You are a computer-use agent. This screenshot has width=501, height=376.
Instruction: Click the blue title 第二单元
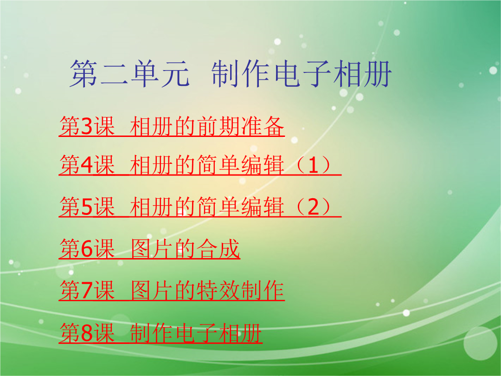click(130, 74)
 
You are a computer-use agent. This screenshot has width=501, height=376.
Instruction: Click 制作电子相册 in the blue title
click(302, 74)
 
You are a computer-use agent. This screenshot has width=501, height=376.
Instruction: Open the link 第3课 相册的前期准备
click(172, 127)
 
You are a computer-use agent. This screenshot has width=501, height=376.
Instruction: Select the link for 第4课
click(200, 165)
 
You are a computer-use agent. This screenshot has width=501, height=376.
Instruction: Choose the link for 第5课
click(200, 207)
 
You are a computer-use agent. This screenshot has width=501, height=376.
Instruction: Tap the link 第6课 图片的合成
click(149, 249)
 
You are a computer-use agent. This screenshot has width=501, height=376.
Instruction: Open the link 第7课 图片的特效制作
click(172, 291)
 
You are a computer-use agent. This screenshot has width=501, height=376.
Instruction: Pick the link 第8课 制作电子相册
click(161, 333)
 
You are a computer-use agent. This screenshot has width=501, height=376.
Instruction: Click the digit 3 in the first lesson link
click(87, 127)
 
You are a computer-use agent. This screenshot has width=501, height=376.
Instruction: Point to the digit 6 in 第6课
click(87, 249)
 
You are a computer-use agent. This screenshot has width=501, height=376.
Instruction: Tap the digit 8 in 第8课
click(87, 333)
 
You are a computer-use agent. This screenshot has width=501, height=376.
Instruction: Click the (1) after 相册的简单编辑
click(313, 165)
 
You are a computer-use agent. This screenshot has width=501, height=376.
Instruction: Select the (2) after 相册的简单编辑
click(313, 207)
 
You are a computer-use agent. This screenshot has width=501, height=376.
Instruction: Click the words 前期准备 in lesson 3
click(240, 127)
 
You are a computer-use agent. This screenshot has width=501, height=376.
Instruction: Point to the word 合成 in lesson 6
click(218, 249)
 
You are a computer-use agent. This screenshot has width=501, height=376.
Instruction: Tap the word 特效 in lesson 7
click(218, 291)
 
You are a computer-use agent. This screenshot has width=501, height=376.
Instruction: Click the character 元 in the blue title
click(175, 74)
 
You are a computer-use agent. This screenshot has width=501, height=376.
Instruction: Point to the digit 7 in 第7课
click(87, 291)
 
